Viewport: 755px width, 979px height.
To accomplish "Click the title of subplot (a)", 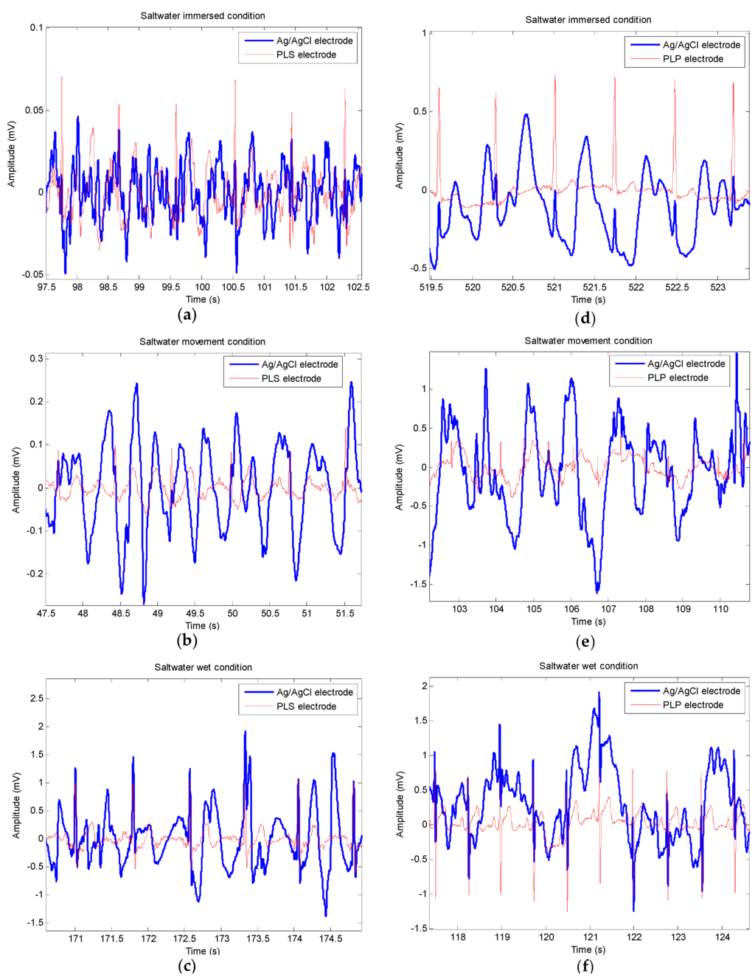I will coord(203,15).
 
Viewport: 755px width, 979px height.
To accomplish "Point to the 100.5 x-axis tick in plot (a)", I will coord(233,287).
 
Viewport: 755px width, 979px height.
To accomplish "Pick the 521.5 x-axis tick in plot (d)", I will coord(594,288).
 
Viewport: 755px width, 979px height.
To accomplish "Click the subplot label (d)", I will coord(585,318).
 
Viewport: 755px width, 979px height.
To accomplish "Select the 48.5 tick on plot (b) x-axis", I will coord(121,613).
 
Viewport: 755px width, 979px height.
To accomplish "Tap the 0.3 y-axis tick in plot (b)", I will coord(36,359).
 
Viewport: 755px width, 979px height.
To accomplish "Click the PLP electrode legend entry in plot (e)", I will coord(677,377).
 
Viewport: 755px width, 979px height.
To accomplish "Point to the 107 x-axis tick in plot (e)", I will coord(609,609).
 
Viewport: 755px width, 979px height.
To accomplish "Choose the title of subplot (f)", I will coord(588,666).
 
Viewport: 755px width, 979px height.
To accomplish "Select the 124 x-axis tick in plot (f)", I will coord(723,937).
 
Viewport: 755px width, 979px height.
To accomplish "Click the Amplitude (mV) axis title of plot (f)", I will coord(400,804).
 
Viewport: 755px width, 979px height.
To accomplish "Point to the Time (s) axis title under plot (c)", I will coord(202,951).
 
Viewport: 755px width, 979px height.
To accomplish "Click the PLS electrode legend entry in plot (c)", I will coord(305,706).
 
